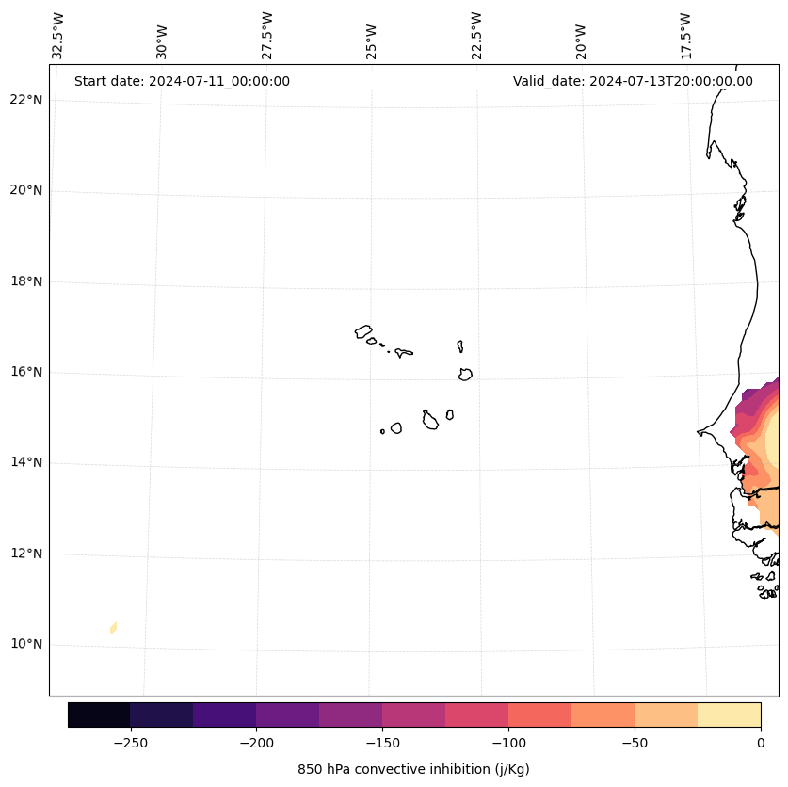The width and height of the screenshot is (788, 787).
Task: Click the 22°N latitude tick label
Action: (27, 100)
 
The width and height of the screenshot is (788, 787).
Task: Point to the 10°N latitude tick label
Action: (27, 645)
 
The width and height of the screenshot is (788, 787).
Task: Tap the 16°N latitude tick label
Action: (27, 373)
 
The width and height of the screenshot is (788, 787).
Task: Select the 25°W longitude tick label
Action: (372, 36)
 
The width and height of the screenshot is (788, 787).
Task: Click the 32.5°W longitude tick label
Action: (58, 36)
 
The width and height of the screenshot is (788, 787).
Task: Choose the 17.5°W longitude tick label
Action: (685, 36)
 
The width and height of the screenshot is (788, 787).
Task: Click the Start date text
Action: (182, 81)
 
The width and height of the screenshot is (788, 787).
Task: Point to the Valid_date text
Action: (633, 81)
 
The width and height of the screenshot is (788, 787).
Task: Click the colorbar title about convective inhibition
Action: (413, 769)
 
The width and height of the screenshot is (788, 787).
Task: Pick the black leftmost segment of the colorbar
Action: (99, 715)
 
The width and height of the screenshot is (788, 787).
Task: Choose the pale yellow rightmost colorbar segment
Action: (730, 715)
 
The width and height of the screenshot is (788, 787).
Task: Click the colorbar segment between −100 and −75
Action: (540, 715)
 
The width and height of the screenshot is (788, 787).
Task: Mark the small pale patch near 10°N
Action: (113, 628)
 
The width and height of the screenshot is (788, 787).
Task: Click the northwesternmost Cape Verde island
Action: (363, 331)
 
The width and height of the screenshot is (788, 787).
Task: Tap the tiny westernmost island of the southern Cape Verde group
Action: (382, 431)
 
